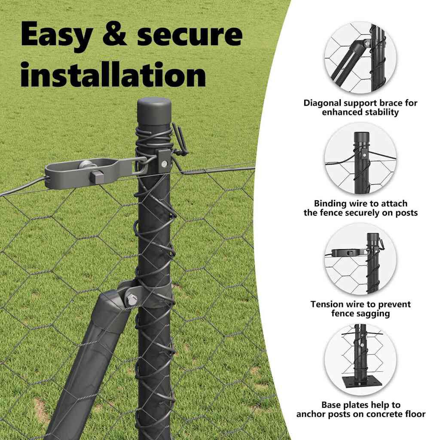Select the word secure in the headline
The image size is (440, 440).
[x=189, y=34]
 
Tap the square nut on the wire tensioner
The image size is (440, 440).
[x=97, y=177]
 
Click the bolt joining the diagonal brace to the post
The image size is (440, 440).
[x=131, y=300]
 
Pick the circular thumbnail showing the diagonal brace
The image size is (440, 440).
[x=361, y=58]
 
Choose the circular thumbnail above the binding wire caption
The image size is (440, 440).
[x=361, y=159]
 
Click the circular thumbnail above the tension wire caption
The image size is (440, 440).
[x=361, y=259]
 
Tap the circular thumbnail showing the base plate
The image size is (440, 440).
[x=361, y=360]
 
